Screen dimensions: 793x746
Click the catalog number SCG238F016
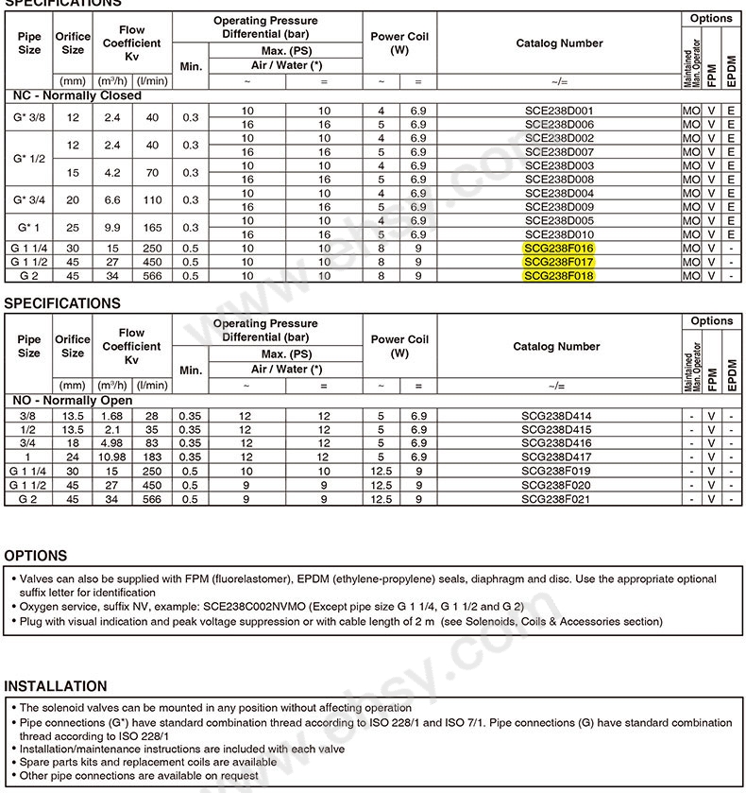559,248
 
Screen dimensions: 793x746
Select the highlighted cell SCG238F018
559,275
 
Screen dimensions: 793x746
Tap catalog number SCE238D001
559,111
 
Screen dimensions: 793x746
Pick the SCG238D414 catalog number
557,416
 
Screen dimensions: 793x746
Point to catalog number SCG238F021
557,499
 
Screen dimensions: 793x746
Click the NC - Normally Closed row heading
76,95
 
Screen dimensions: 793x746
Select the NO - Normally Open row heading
72,400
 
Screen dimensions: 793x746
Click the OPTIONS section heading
36,556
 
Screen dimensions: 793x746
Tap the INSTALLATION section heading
56,686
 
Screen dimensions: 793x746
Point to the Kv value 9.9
112,228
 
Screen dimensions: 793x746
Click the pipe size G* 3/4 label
29,200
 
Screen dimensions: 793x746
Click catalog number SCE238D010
559,234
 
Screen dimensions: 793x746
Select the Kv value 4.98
112,443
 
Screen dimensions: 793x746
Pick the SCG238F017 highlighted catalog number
559,262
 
